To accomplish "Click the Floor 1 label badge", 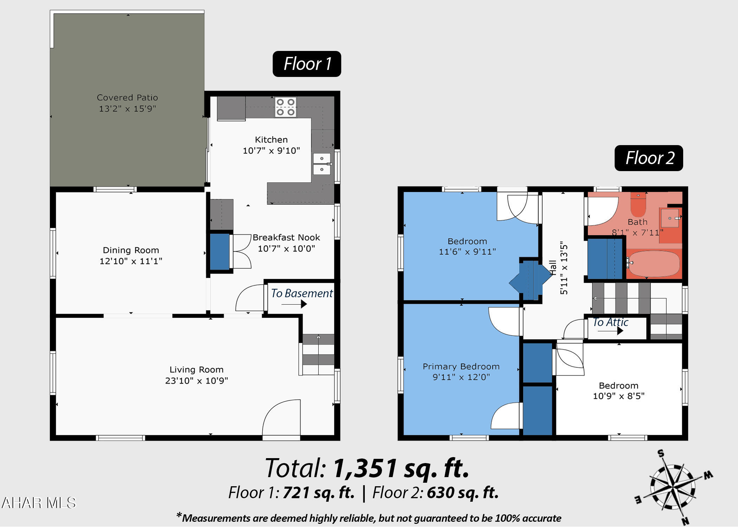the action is (x=307, y=64).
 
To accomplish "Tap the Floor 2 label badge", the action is (x=649, y=158).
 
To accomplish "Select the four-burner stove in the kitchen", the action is (x=285, y=107).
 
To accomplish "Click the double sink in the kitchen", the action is (x=322, y=164).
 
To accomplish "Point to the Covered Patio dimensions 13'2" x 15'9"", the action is (x=127, y=109).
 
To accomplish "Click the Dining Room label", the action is (x=131, y=250).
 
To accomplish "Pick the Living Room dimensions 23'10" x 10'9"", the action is (x=196, y=380).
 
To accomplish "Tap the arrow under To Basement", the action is (x=294, y=304).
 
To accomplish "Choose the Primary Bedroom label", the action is (x=461, y=366).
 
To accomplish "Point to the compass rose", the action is (x=673, y=487).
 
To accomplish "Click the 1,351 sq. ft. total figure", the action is (x=401, y=468).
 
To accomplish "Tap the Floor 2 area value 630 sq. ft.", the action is (x=463, y=493).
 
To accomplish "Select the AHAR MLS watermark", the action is (x=39, y=503).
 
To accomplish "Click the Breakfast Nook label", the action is (x=286, y=238).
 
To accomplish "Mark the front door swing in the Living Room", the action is (x=281, y=418).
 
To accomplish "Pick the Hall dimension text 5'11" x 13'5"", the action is (x=563, y=268).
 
